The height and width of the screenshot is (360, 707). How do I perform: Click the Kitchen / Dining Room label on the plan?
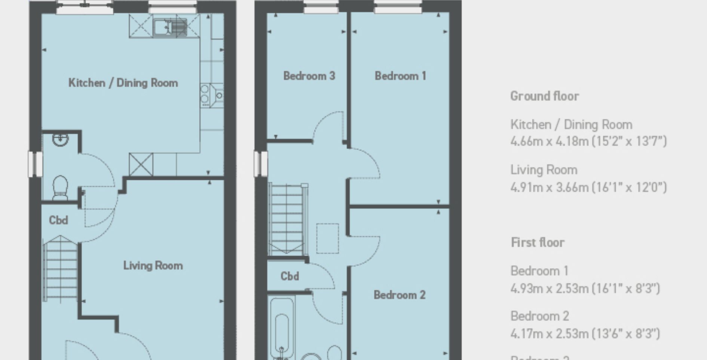pos(123,83)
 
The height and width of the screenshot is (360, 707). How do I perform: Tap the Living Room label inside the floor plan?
pos(153,265)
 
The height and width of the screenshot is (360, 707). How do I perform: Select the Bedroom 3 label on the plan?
pos(309,76)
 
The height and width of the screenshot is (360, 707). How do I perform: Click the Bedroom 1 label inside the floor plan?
pos(400,76)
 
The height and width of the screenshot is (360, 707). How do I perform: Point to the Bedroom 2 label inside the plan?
pos(400,295)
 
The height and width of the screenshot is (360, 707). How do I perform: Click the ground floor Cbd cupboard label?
pos(59,220)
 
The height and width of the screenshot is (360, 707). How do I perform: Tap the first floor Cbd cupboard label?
pos(290,276)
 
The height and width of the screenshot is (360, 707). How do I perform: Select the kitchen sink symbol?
pos(169,27)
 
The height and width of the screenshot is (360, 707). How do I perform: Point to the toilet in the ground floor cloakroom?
pos(60,187)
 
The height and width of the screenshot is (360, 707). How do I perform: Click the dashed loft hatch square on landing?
pos(328,238)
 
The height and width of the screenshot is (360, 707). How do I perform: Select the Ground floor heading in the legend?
pos(544,96)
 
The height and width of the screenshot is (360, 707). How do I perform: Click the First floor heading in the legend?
pos(538,242)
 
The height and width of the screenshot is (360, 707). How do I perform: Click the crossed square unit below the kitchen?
pos(141,165)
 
